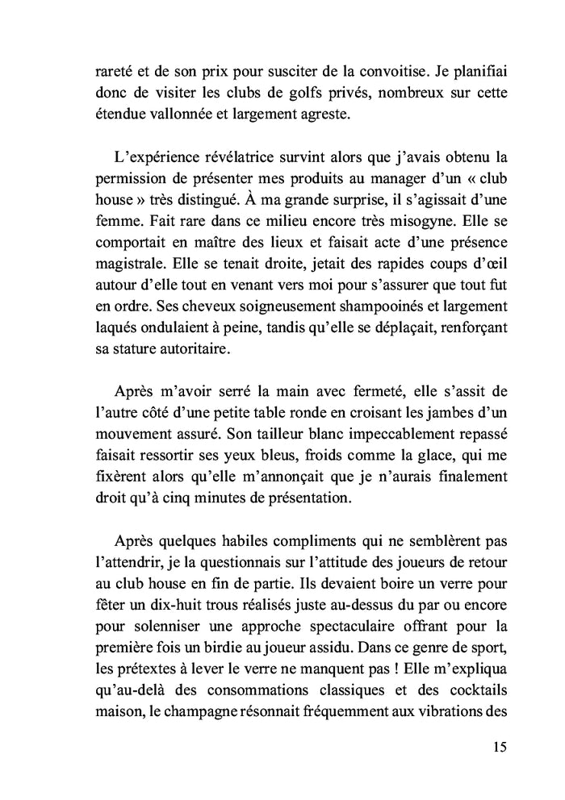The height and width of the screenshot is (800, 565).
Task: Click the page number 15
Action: (499, 746)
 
